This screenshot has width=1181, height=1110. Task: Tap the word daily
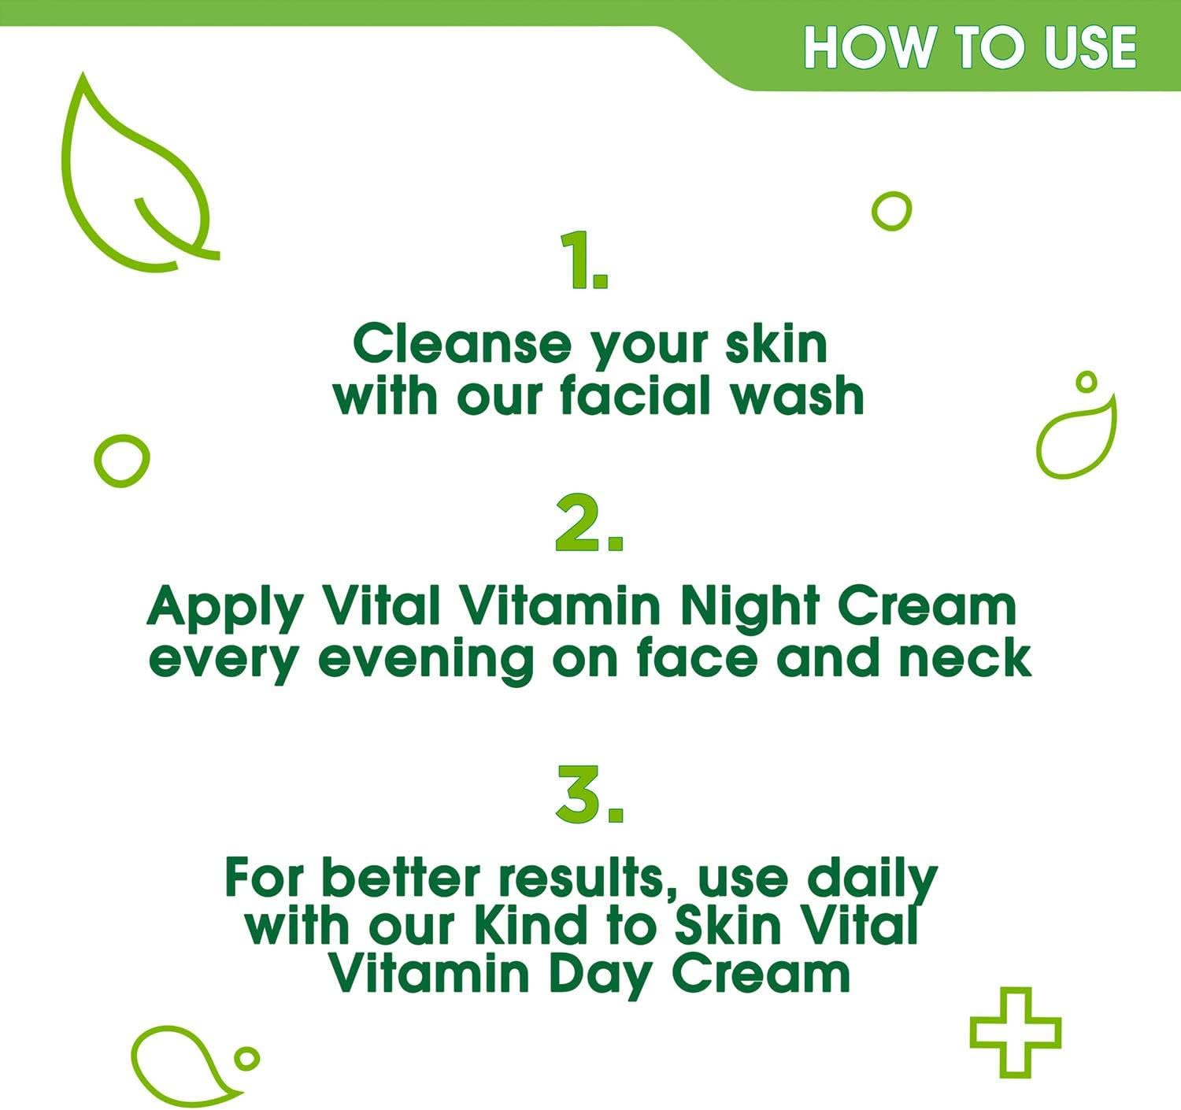click(x=872, y=882)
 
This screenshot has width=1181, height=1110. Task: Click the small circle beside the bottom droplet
click(x=246, y=1058)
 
